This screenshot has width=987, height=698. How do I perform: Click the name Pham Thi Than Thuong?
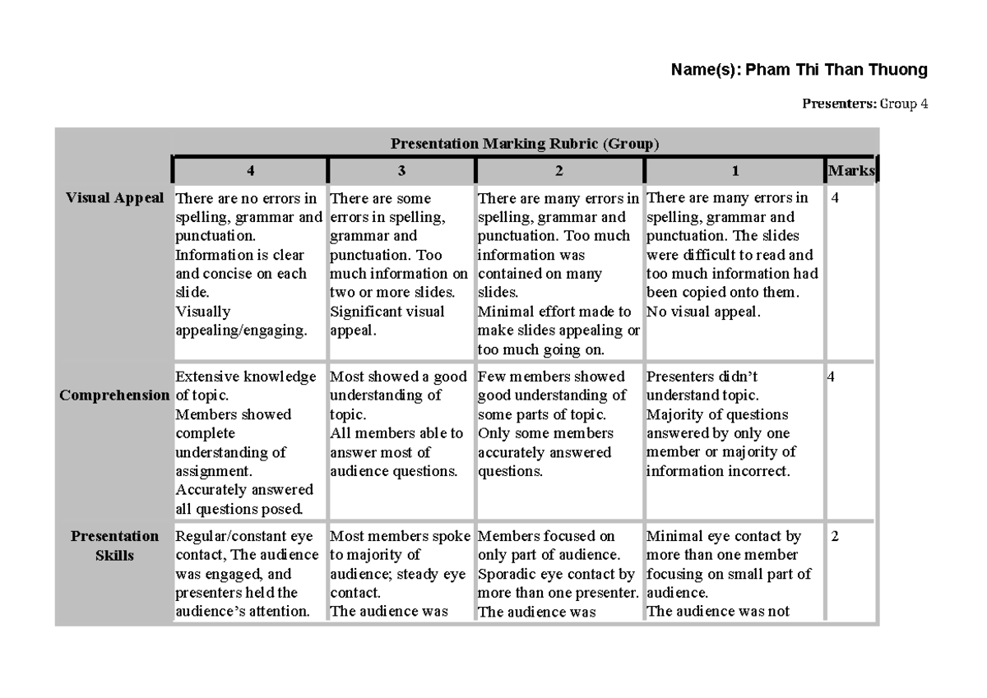tap(836, 70)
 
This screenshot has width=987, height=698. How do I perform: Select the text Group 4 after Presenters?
tap(903, 104)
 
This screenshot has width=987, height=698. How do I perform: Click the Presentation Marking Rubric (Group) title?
tap(525, 144)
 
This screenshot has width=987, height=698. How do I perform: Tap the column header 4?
tap(250, 171)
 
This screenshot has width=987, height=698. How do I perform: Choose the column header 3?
tap(401, 171)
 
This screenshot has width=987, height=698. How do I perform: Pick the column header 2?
tap(559, 171)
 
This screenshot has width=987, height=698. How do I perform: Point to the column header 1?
tap(735, 171)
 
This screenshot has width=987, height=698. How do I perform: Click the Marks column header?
tap(851, 171)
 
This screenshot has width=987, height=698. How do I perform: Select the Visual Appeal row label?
tap(114, 198)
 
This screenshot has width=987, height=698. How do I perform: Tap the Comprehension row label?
tap(114, 395)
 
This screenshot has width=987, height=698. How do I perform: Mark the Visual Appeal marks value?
tap(836, 198)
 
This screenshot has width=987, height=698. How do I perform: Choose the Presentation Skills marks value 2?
tap(835, 537)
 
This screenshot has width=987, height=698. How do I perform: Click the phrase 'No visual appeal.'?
tap(703, 312)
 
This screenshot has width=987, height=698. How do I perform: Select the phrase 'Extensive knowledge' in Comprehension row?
tap(246, 377)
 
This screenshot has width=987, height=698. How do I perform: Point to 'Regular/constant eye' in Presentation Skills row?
tap(244, 537)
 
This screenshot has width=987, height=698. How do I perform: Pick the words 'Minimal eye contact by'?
tap(724, 537)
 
